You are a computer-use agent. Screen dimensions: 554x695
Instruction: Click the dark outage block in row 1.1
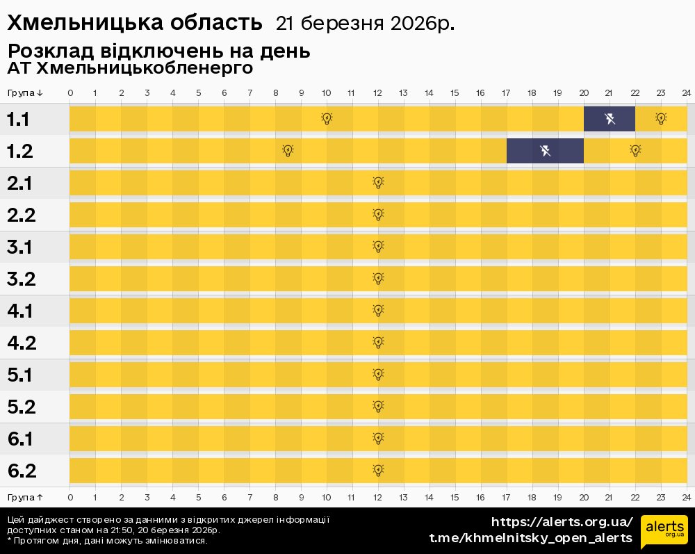[x=609, y=119]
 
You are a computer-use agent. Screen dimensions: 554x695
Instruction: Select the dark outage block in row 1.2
[x=545, y=151]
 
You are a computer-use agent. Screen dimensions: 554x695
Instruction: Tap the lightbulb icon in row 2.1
[x=378, y=183]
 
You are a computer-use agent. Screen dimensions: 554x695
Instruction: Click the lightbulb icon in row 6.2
[x=378, y=471]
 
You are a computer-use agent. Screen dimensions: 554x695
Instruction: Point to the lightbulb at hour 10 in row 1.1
[x=327, y=119]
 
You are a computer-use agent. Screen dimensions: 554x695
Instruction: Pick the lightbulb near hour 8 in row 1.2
[x=288, y=151]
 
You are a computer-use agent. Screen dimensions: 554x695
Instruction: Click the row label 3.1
[x=22, y=247]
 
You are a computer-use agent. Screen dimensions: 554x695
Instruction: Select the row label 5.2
[x=22, y=407]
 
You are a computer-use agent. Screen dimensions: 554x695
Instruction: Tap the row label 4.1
[x=20, y=311]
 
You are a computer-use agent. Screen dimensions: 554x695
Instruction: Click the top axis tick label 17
[x=506, y=93]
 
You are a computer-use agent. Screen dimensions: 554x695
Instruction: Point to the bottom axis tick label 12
[x=378, y=498]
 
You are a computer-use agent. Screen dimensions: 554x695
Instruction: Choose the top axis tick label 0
[x=70, y=93]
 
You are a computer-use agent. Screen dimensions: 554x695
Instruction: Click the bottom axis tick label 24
[x=686, y=498]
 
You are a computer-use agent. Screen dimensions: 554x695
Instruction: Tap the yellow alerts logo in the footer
[x=664, y=532]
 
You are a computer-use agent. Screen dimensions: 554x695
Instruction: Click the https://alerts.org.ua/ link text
[x=562, y=522]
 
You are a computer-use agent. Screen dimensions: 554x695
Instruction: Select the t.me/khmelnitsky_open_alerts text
[x=531, y=538]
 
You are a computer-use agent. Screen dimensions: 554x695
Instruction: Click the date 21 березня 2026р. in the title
[x=365, y=24]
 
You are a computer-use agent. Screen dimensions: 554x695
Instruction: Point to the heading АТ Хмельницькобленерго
[x=130, y=69]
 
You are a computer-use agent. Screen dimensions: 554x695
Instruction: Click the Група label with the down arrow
[x=25, y=93]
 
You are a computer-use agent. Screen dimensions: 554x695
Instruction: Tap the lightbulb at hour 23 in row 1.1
[x=661, y=119]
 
